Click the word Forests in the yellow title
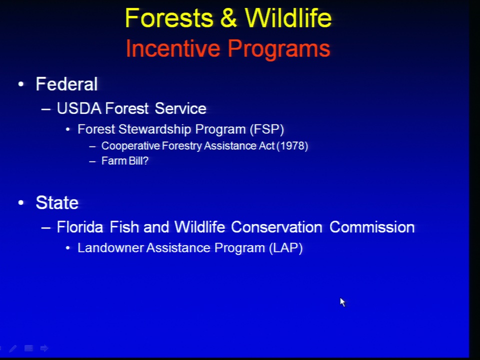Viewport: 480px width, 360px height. click(x=169, y=18)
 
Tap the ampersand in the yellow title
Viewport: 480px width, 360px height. click(x=228, y=18)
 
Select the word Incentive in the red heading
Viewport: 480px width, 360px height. click(x=172, y=48)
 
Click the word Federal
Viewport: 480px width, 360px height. click(x=66, y=84)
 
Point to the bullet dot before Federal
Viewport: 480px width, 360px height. click(x=21, y=84)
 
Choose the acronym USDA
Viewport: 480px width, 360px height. click(x=79, y=108)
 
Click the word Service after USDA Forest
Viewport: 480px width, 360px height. click(x=180, y=108)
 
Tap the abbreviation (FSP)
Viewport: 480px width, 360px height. click(x=267, y=129)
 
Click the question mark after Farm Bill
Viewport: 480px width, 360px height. click(x=145, y=160)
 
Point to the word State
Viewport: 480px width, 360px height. click(x=57, y=202)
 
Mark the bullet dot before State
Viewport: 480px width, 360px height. click(x=21, y=202)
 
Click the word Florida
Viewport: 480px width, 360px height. click(x=80, y=227)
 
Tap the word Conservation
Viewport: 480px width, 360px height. click(x=276, y=227)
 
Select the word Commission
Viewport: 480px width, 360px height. click(x=372, y=227)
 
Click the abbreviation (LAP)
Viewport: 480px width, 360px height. click(x=286, y=248)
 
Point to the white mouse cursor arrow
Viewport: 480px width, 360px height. click(x=342, y=302)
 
